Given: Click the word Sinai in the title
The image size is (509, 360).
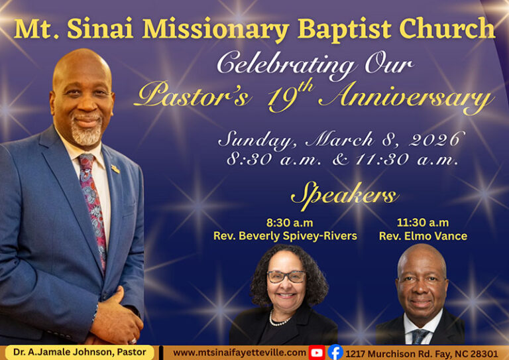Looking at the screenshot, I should click(x=103, y=29).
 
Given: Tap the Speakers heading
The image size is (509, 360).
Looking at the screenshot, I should click(x=344, y=196).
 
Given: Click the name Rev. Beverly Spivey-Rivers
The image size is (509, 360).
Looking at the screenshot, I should click(x=285, y=236).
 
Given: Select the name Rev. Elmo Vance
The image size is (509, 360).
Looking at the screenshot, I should click(x=423, y=236).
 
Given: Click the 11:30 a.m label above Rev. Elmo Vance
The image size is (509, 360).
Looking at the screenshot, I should click(x=423, y=223).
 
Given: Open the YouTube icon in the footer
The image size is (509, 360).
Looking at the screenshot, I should click(x=317, y=353).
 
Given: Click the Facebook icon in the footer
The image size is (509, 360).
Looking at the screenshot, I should click(x=335, y=353).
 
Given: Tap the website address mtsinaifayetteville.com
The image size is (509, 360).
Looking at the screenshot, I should click(x=239, y=353).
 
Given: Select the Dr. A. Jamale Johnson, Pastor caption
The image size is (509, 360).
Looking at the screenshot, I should click(x=79, y=353).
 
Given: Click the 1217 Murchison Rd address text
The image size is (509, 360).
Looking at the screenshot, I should click(x=421, y=353).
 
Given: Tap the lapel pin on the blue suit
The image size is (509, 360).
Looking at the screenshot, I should click(x=115, y=169).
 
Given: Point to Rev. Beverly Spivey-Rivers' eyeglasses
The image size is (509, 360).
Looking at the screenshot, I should click(x=286, y=276).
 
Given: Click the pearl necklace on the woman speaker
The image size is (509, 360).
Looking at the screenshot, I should click(x=279, y=321).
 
